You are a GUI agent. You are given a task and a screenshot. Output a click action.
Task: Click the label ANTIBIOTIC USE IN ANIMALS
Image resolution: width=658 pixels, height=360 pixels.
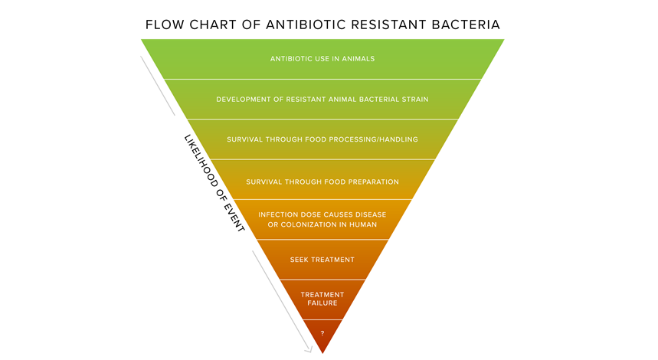click(322, 59)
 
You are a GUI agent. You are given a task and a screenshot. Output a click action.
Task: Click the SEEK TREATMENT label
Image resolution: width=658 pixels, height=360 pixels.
click(322, 260)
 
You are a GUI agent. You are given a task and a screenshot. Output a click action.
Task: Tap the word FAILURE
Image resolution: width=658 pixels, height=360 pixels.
click(322, 303)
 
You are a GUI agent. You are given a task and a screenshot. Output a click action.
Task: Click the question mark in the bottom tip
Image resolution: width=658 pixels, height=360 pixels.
click(322, 333)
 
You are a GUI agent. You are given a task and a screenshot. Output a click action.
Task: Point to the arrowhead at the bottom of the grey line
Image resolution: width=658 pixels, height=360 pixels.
click(309, 349)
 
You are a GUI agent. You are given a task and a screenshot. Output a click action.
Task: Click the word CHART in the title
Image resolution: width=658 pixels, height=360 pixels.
click(213, 25)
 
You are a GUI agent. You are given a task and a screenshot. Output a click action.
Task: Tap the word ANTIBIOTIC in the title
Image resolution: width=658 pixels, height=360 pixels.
click(306, 25)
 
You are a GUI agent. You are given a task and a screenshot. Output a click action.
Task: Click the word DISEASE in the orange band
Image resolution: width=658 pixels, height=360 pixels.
click(371, 214)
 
